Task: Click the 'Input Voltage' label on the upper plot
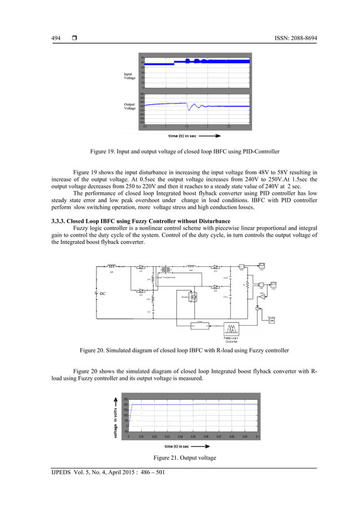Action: coord(130,76)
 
